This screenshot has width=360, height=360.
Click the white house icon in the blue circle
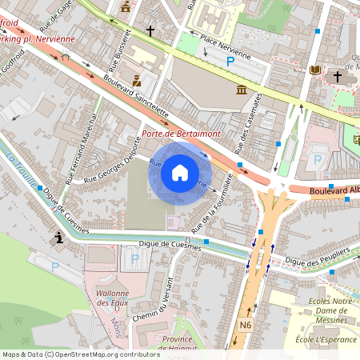[180, 172]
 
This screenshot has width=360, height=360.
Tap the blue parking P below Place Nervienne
[230, 62]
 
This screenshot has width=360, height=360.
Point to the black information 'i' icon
[58, 237]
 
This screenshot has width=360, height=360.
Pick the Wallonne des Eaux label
[113, 298]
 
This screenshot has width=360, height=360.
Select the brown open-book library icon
[316, 70]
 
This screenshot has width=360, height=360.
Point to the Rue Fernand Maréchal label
[81, 154]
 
